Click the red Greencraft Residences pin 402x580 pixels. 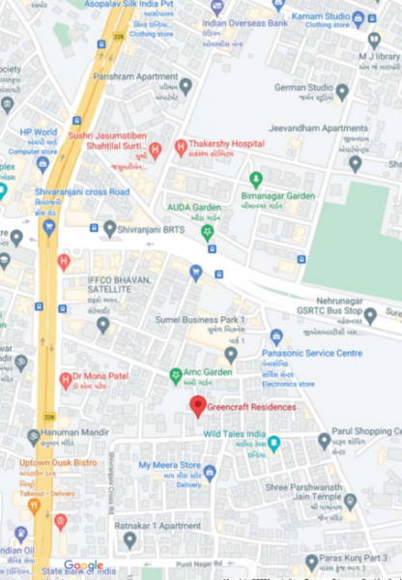pos(197,406)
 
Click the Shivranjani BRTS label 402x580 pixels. pos(153,228)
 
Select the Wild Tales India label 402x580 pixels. pos(234,435)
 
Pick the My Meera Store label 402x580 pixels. pos(170,465)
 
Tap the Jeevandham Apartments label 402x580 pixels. pos(330,128)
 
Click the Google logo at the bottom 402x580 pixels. pos(83,565)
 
